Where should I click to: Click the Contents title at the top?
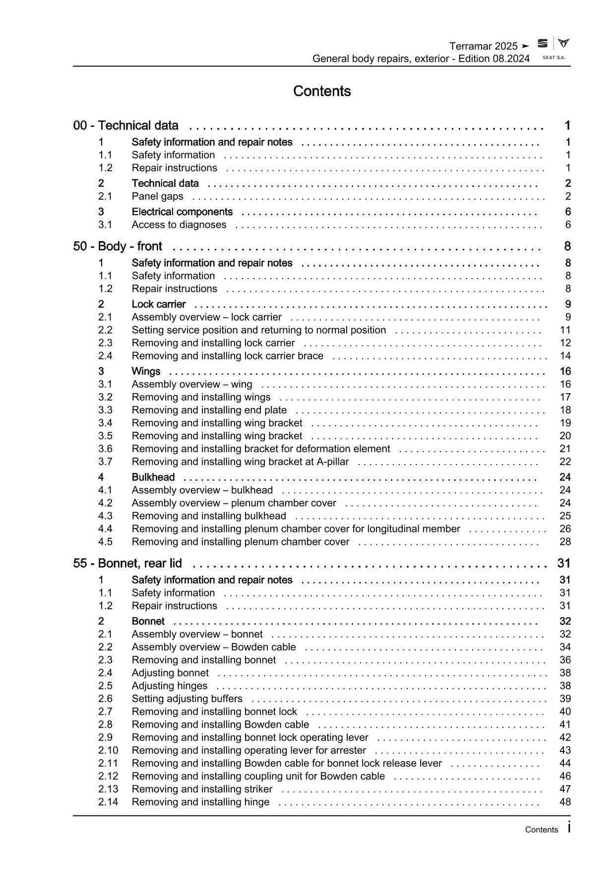[x=322, y=91]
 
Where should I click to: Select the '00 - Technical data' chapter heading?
[x=126, y=125]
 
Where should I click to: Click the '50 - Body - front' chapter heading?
[x=118, y=246]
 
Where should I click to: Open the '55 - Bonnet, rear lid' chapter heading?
[x=127, y=563]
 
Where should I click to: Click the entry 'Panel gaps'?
[x=157, y=196]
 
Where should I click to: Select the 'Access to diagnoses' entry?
[x=179, y=225]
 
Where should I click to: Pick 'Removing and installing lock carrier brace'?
[x=227, y=356]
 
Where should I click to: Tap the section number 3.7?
[x=105, y=462]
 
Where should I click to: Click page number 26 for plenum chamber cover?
[x=565, y=529]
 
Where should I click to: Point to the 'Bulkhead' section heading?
[x=153, y=477]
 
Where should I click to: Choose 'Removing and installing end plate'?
[x=209, y=410]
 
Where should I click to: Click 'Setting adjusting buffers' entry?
[x=187, y=698]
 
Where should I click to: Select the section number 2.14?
[x=108, y=802]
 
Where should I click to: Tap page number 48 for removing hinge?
[x=565, y=802]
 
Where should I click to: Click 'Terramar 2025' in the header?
[x=483, y=46]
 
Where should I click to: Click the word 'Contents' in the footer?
[x=541, y=830]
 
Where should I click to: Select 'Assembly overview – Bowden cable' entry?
[x=213, y=647]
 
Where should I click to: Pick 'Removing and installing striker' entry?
[x=202, y=789]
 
